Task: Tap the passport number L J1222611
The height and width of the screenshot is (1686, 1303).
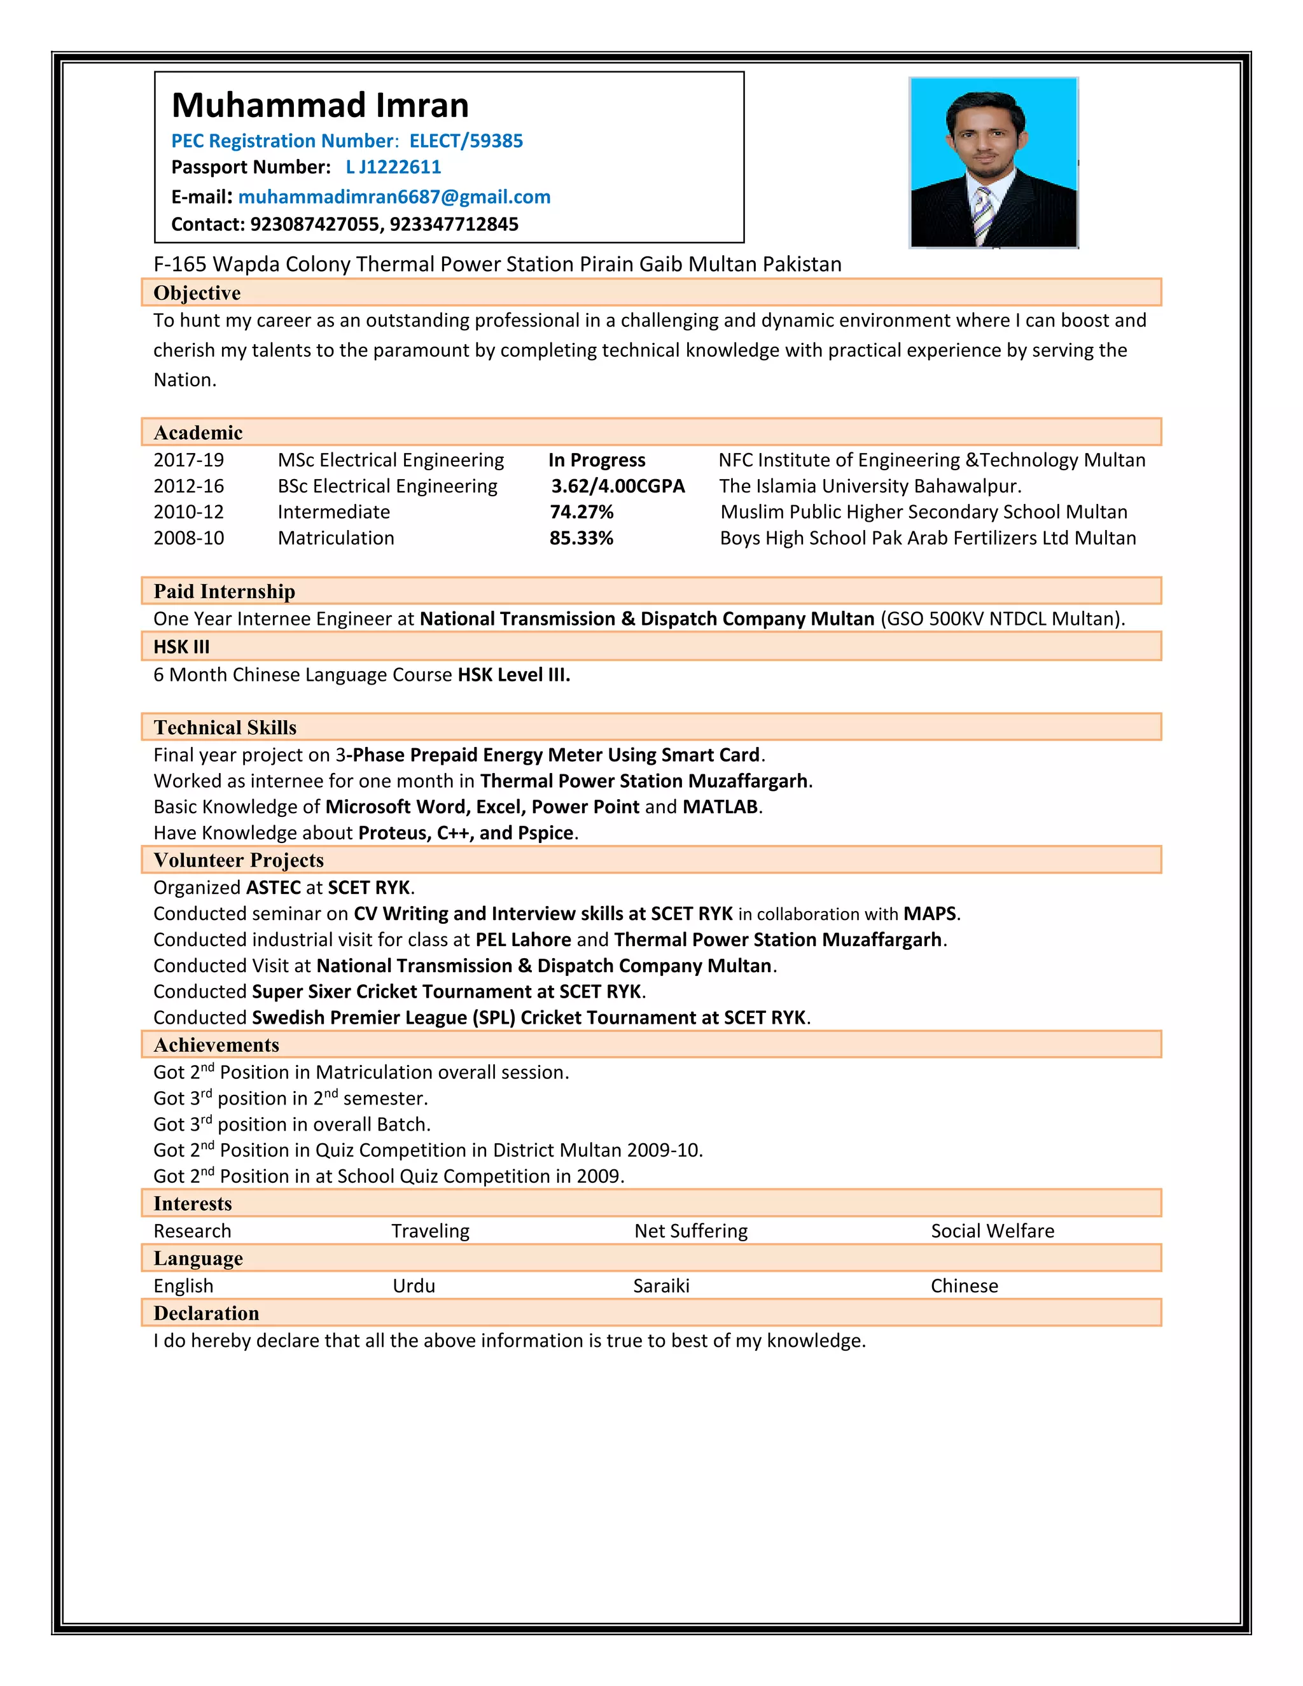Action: [x=393, y=167]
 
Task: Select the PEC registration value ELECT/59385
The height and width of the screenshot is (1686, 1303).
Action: [x=466, y=141]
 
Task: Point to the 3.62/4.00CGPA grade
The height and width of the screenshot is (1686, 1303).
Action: [x=618, y=486]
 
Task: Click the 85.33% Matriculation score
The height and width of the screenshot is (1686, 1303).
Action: [x=582, y=538]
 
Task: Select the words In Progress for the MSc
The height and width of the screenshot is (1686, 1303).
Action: [x=597, y=460]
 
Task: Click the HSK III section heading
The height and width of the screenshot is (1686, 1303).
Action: [x=181, y=647]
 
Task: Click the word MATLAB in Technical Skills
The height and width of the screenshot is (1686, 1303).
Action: [x=720, y=807]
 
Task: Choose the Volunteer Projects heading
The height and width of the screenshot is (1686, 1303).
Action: [x=239, y=860]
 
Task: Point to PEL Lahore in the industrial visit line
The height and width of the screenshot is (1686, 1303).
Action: [x=524, y=940]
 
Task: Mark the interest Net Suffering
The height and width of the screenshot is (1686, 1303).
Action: [x=691, y=1230]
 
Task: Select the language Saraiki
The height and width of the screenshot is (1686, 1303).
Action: [x=661, y=1285]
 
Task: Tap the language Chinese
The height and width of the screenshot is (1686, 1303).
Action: [x=964, y=1285]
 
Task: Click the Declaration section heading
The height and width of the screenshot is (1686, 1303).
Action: [x=206, y=1313]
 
